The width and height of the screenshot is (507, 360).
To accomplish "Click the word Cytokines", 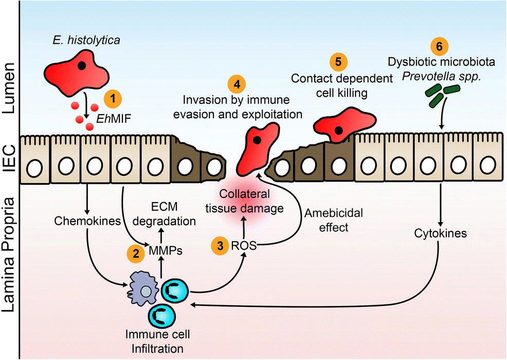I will coord(440,233).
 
